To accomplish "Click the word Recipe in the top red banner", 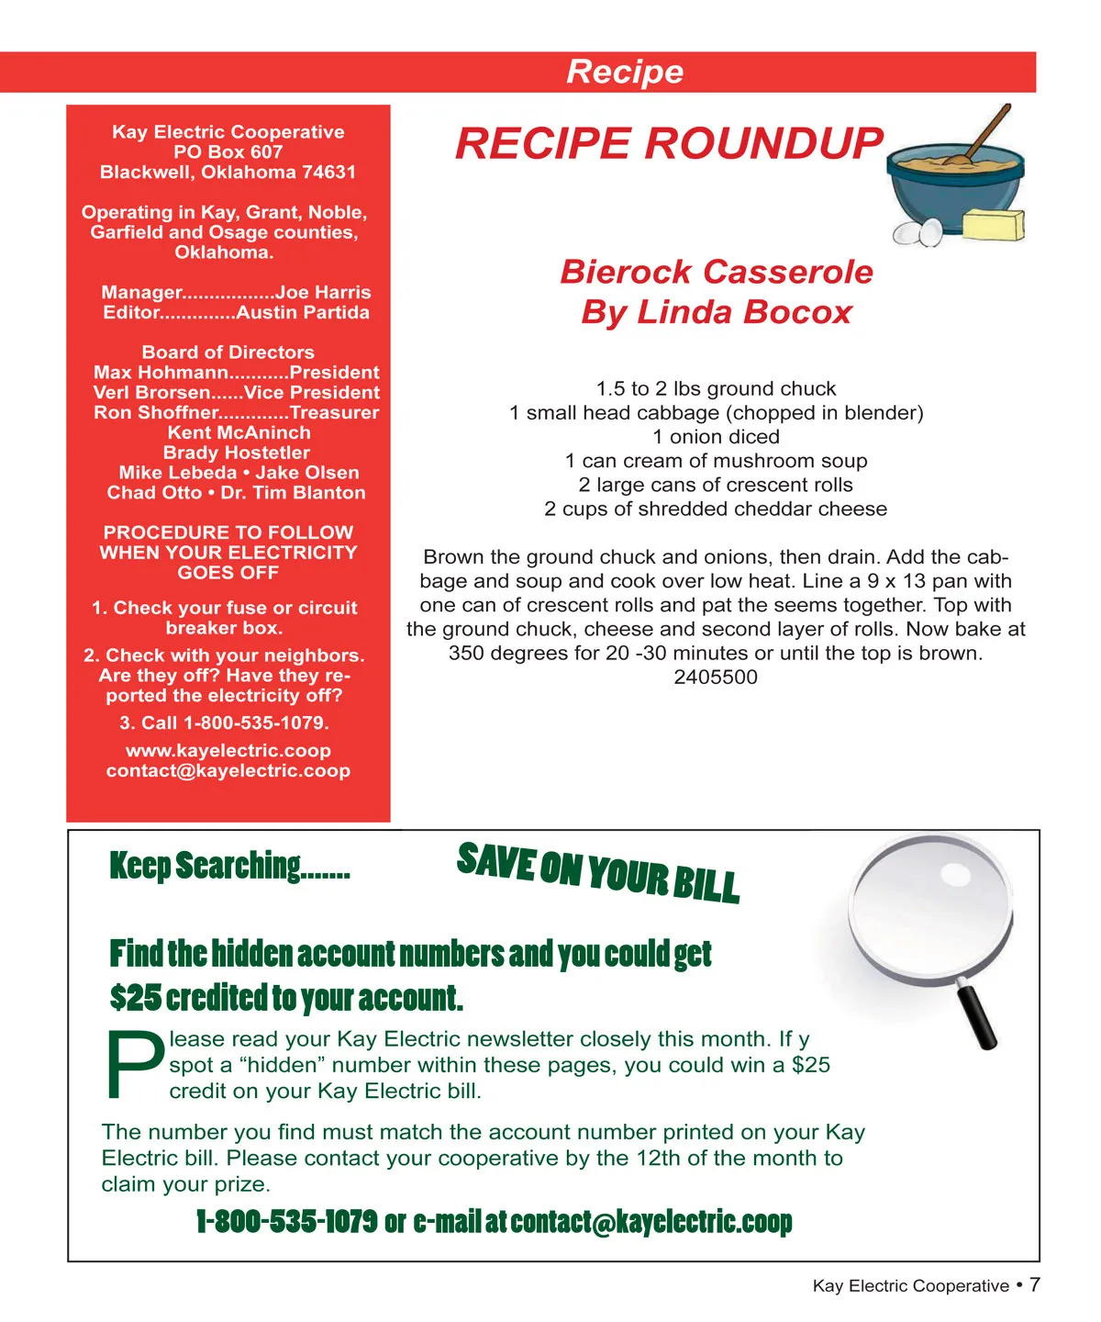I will (x=625, y=72).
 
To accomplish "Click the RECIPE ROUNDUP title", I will (x=669, y=144).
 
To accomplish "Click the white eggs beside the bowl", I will (x=919, y=232).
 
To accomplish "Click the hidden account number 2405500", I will (x=716, y=678).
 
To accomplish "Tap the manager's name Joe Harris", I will (x=323, y=293).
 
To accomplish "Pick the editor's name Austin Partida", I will (x=303, y=313).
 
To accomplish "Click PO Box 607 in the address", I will (x=228, y=152).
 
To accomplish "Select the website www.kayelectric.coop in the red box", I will (x=228, y=751).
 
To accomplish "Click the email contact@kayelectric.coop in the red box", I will (x=228, y=771).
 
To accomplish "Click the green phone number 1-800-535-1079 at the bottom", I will (x=286, y=1222).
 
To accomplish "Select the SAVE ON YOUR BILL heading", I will (x=598, y=872).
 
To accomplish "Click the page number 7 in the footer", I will (x=1034, y=1284).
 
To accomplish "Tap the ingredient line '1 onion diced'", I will (x=716, y=437).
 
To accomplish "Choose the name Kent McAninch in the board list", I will (x=239, y=432).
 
